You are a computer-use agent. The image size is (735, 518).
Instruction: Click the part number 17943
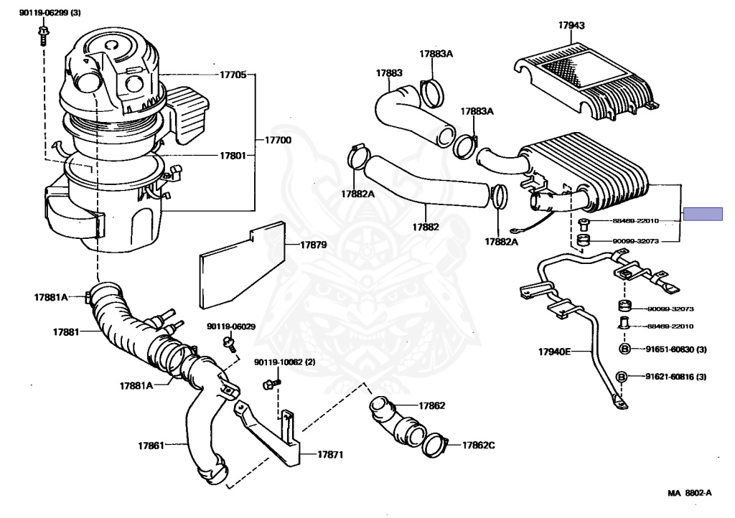click(571, 26)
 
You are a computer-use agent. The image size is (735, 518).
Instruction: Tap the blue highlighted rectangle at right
click(703, 214)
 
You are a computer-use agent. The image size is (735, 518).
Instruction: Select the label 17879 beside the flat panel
click(313, 245)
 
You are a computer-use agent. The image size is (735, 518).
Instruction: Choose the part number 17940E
click(555, 352)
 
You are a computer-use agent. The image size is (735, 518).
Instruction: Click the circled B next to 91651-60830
click(624, 349)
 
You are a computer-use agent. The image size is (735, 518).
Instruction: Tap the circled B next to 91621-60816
click(622, 377)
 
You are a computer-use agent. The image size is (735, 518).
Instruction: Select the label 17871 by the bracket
click(331, 455)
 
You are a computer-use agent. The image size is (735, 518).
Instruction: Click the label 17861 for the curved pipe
click(152, 446)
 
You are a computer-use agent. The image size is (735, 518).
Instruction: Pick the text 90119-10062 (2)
click(284, 362)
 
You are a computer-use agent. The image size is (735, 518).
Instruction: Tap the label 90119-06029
click(231, 326)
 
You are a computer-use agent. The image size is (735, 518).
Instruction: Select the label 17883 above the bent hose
click(389, 72)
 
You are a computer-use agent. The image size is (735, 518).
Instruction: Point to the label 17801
click(232, 154)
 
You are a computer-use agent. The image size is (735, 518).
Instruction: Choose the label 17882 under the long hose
click(425, 227)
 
